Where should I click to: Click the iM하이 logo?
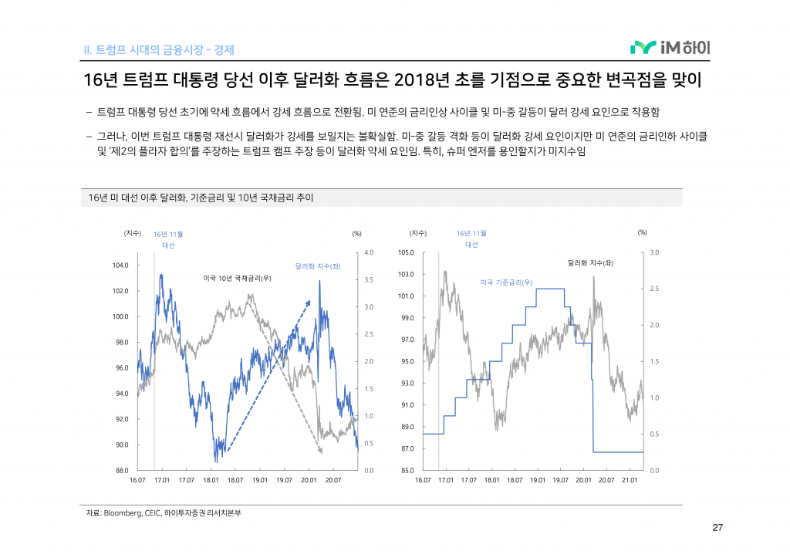tap(670, 49)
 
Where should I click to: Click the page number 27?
tap(717, 528)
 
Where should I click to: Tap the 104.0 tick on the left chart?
tap(120, 265)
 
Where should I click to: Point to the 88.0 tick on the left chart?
tap(120, 470)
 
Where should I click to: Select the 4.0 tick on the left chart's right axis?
tap(369, 252)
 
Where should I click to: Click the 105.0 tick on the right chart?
tap(406, 252)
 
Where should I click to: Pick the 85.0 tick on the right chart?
tap(406, 470)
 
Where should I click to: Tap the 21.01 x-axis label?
tap(629, 480)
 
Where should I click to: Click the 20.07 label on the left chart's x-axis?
tap(333, 480)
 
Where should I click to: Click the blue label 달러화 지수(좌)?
tap(318, 266)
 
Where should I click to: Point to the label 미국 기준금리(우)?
tap(506, 282)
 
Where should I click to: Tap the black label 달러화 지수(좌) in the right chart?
tap(590, 263)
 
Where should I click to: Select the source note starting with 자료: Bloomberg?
tap(164, 513)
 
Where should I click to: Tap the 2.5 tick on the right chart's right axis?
tap(655, 289)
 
